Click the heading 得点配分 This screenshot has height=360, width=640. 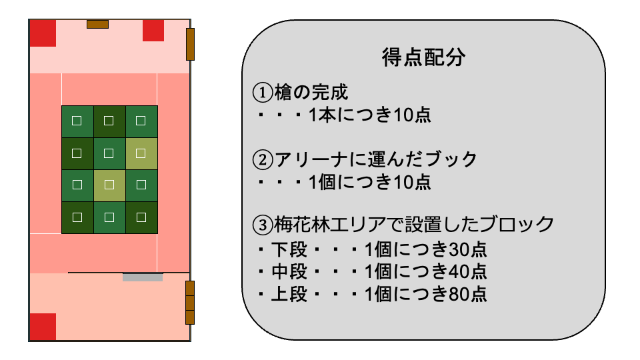click(423, 57)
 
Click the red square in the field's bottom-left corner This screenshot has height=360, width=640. click(43, 327)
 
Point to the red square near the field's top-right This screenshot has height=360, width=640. click(153, 30)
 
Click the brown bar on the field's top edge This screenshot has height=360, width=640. click(97, 25)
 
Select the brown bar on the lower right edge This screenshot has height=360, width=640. click(189, 303)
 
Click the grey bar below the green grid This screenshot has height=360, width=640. click(143, 277)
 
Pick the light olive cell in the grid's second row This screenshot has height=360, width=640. click(141, 153)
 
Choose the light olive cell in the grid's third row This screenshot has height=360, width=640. click(109, 185)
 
